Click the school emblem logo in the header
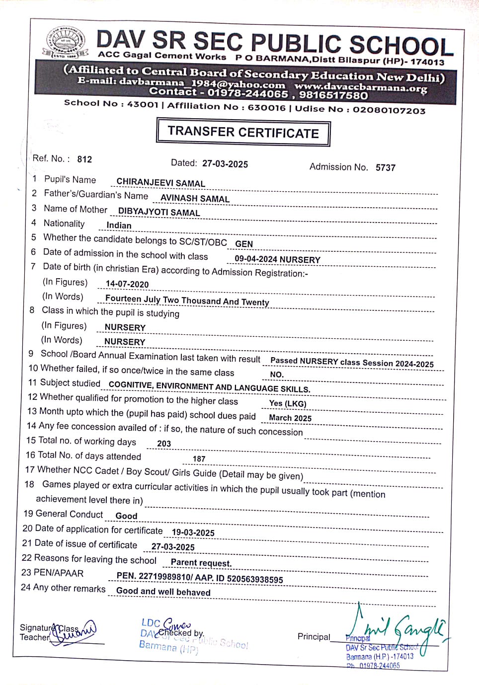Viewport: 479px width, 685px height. [x=65, y=44]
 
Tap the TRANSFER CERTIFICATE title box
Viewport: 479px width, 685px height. [x=243, y=132]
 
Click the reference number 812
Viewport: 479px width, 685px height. [x=84, y=159]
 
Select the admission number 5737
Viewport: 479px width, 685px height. [x=385, y=167]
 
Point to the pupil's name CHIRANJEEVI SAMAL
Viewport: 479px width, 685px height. [x=160, y=183]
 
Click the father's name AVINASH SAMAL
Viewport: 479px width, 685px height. [x=195, y=198]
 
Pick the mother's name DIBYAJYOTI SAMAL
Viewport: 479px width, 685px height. [x=159, y=212]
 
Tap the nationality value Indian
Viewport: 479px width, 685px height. [x=119, y=226]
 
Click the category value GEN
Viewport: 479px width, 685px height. [x=244, y=244]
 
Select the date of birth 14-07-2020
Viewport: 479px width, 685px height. [x=127, y=284]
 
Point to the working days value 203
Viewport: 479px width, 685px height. [x=164, y=444]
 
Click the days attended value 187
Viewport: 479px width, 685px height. [x=199, y=459]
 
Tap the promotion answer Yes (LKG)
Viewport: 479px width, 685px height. [x=288, y=403]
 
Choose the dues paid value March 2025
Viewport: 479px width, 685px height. [x=290, y=418]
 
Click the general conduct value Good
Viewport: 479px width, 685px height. [x=126, y=516]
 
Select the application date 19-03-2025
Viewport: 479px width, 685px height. [x=193, y=533]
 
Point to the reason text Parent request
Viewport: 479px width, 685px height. [x=201, y=563]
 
